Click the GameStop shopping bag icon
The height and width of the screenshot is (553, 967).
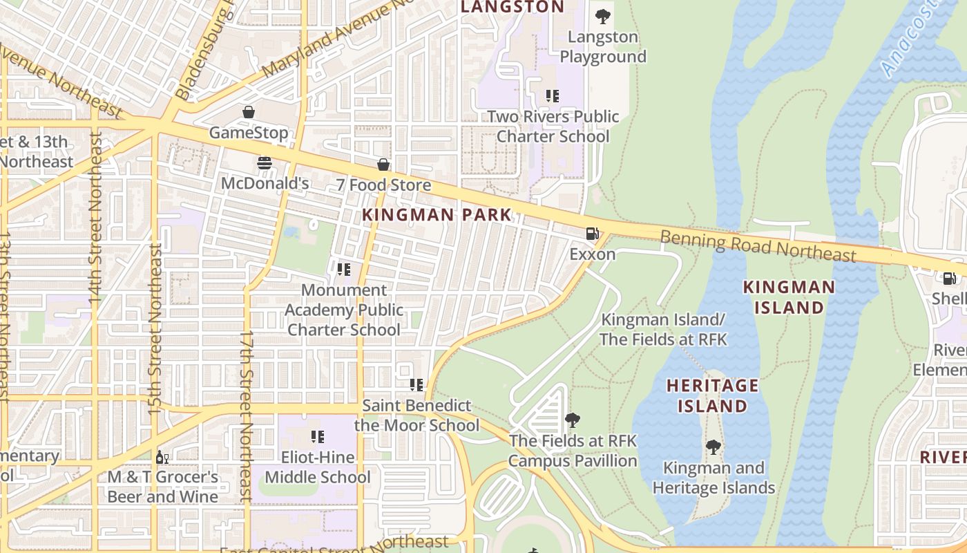tap(248, 111)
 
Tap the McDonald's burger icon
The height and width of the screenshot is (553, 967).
tap(265, 163)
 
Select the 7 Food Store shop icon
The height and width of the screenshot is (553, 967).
tap(383, 165)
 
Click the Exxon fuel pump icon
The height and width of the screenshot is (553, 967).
tap(592, 234)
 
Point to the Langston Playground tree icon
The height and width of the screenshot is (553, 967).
tap(603, 16)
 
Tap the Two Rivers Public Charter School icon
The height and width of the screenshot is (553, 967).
tap(552, 95)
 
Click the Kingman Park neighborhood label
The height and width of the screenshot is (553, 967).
tap(437, 215)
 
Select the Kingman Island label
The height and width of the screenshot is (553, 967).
tap(789, 297)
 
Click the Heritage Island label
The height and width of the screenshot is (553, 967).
tap(712, 395)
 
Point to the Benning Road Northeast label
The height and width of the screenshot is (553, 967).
tap(758, 246)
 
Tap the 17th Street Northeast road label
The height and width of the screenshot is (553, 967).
tap(246, 415)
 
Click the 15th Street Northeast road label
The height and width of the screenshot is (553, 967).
tap(155, 328)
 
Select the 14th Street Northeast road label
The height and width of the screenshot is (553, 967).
tap(95, 218)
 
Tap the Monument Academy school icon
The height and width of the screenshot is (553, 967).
tap(343, 269)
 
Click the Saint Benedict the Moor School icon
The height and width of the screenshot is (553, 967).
tap(417, 384)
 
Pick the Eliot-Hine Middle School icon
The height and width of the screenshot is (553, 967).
tap(318, 436)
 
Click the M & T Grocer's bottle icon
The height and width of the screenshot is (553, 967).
tap(162, 457)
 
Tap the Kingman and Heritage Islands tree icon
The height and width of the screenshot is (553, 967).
tap(714, 447)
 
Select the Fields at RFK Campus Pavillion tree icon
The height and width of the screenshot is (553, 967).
tap(573, 420)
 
